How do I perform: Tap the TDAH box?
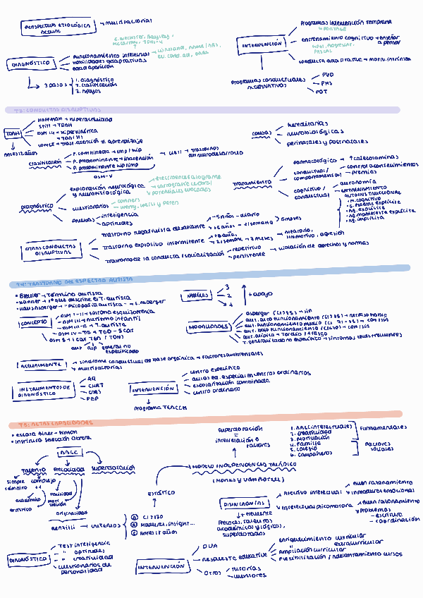(x=13, y=133)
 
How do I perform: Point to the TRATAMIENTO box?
(x=251, y=183)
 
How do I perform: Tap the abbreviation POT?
(x=321, y=92)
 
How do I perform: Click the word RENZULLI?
(x=66, y=526)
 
